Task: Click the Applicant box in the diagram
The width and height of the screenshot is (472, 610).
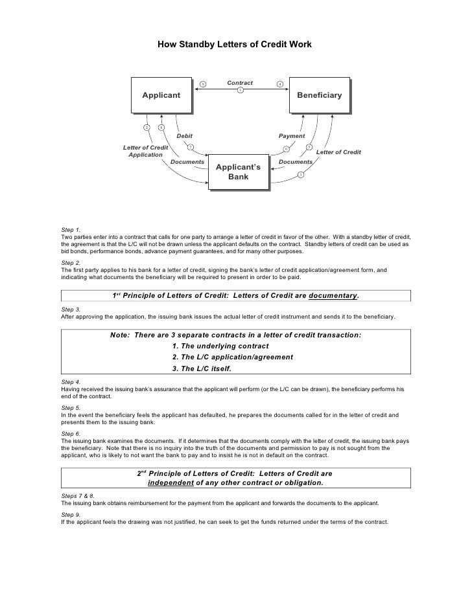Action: [x=161, y=96]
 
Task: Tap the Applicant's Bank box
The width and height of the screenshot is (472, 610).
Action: [x=238, y=172]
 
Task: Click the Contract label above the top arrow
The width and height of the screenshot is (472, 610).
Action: [x=240, y=83]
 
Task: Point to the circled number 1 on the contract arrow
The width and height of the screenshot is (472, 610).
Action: [x=240, y=90]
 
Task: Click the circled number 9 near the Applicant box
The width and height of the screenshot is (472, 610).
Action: [x=202, y=84]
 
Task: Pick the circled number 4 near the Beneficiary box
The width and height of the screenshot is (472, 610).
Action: [x=279, y=84]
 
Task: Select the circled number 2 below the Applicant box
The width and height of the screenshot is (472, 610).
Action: [x=147, y=127]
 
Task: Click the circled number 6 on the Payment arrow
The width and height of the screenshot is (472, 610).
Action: [x=287, y=150]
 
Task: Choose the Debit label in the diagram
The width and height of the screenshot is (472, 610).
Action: [x=185, y=136]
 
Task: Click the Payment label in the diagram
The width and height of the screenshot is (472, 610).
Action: [x=292, y=136]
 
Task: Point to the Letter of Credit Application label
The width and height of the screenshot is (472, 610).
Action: [x=145, y=152]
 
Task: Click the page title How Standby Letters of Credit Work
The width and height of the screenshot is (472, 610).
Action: [x=235, y=45]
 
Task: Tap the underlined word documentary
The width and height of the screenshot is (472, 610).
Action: [x=333, y=296]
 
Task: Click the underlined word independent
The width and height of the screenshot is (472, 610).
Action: [x=171, y=482]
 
